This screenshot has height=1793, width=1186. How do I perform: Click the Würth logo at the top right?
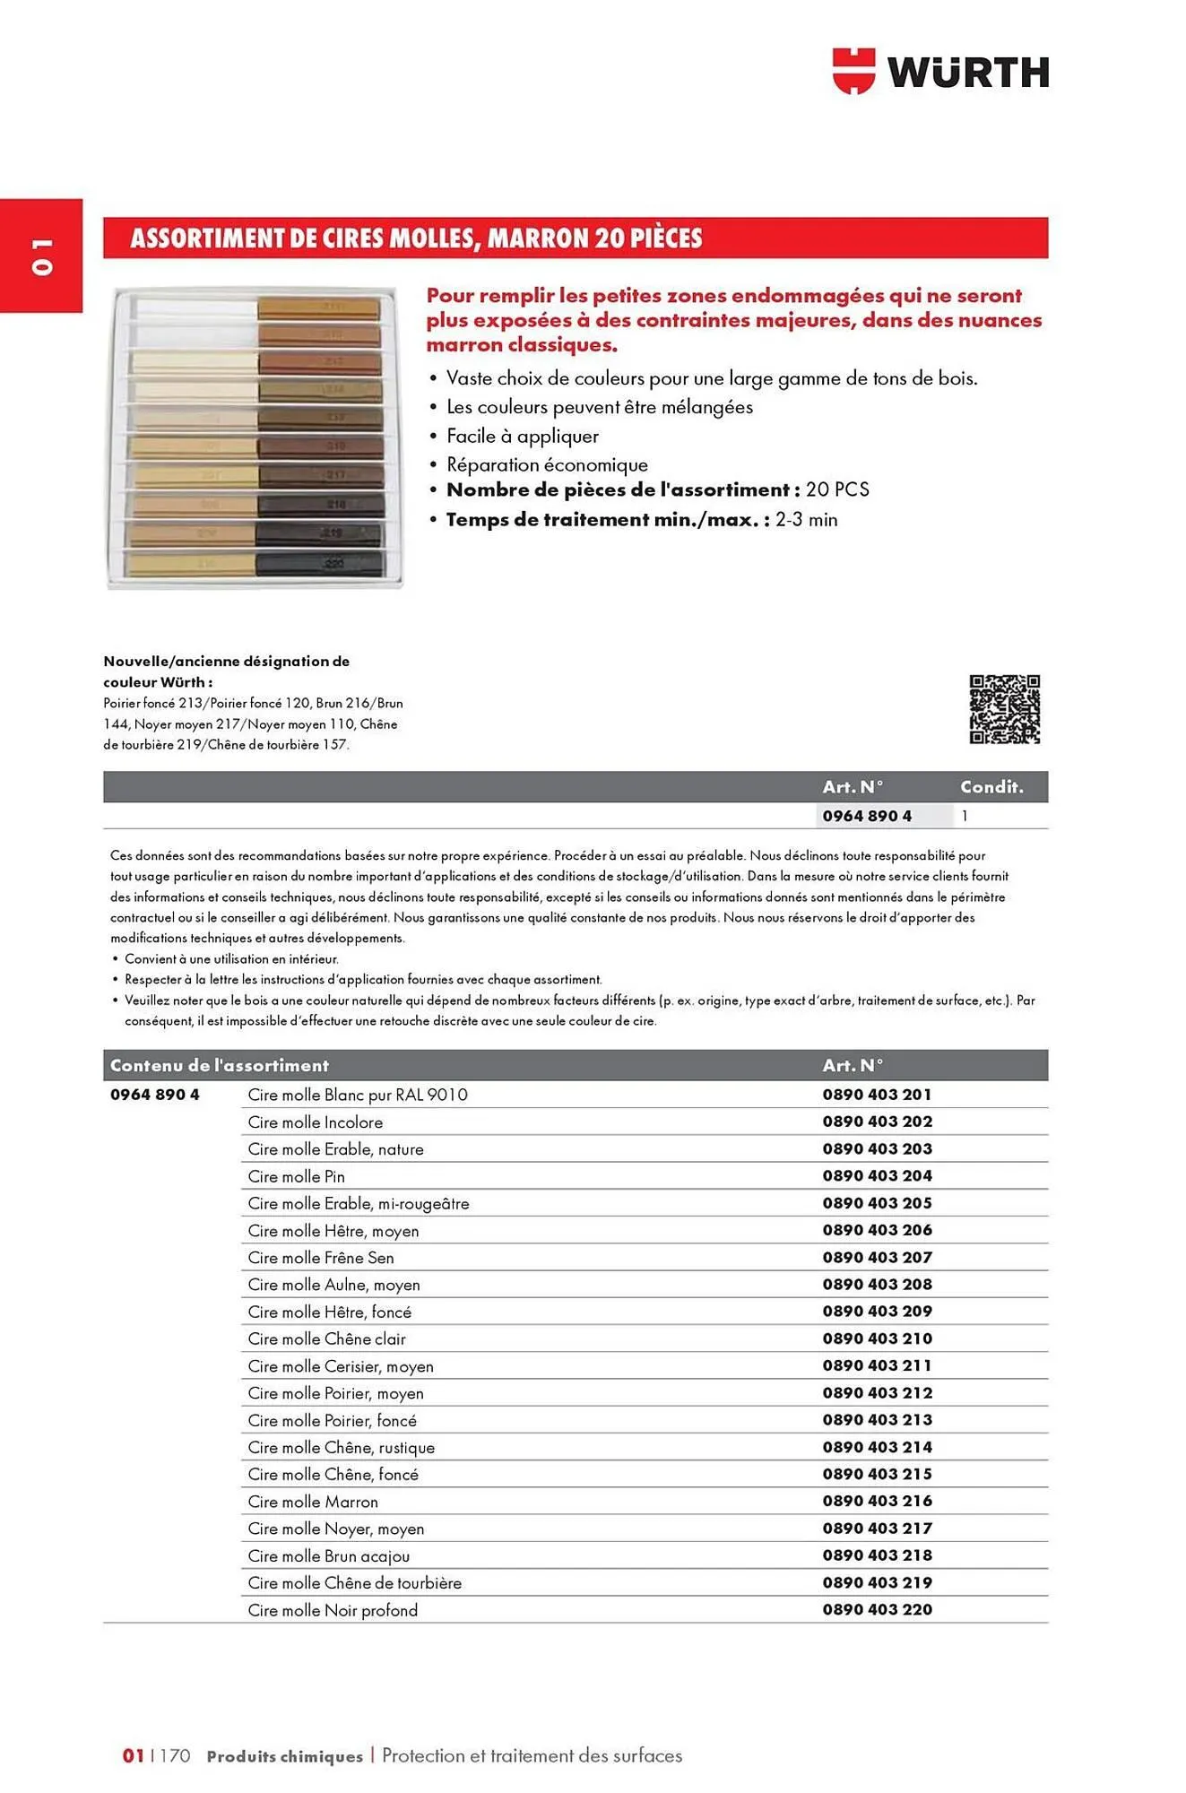click(x=940, y=71)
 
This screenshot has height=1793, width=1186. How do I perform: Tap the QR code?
click(x=1004, y=709)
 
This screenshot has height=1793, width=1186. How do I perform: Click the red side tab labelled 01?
click(x=41, y=256)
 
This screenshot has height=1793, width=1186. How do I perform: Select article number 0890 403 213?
click(x=877, y=1419)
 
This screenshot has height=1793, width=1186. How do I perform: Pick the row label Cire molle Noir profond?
click(x=333, y=1610)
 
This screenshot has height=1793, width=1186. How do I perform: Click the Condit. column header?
click(x=991, y=786)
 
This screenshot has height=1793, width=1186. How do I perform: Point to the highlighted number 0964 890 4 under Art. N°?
click(x=867, y=816)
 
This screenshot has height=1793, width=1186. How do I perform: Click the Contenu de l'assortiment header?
click(x=219, y=1065)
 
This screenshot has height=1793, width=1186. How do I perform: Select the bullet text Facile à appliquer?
click(x=522, y=436)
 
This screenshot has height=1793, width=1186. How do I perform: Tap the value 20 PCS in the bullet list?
click(x=837, y=489)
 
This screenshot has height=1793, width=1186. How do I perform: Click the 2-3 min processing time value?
click(x=806, y=519)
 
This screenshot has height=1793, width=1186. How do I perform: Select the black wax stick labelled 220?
click(x=320, y=564)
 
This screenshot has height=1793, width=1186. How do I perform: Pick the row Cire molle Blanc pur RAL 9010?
click(x=357, y=1095)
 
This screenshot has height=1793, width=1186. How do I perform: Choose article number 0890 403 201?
click(x=877, y=1095)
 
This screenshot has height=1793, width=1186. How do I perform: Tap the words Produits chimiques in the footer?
click(x=284, y=1756)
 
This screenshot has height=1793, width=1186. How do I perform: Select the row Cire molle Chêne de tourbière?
click(x=354, y=1583)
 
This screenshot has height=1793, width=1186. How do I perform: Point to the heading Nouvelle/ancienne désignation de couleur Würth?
click(x=226, y=671)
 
